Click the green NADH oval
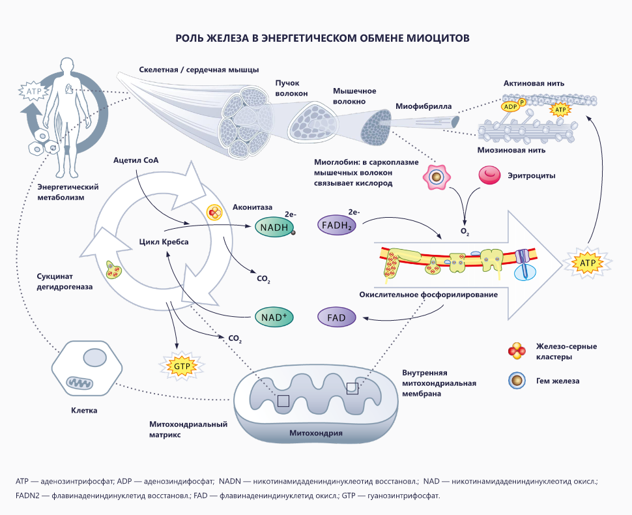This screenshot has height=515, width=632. click(x=274, y=227)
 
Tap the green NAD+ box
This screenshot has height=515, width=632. click(x=274, y=318)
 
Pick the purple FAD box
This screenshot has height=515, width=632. click(x=336, y=318)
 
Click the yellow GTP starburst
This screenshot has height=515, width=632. click(x=182, y=367)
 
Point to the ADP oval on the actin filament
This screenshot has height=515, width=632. click(x=510, y=107)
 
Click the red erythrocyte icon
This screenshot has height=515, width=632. click(x=490, y=175)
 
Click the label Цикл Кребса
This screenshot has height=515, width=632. click(x=164, y=241)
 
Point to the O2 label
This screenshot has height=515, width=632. click(x=465, y=231)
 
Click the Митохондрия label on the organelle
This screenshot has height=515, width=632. click(x=316, y=432)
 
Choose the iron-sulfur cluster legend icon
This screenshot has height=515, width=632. click(x=517, y=351)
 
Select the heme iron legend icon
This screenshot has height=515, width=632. click(x=516, y=381)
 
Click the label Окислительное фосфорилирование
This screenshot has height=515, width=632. click(x=429, y=295)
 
